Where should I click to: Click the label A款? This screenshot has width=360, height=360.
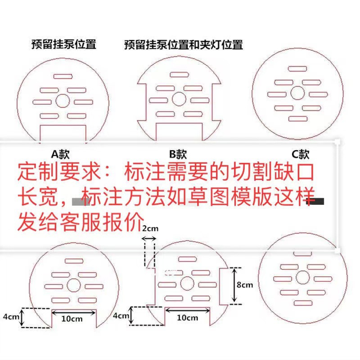(x=60, y=154)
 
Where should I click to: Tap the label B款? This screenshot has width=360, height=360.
(x=178, y=154)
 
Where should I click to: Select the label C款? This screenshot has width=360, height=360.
(x=301, y=154)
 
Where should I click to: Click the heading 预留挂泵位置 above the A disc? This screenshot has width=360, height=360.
(x=63, y=44)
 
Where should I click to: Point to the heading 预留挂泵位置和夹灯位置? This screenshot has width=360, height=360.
(x=184, y=45)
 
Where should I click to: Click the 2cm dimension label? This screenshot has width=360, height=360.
(x=150, y=228)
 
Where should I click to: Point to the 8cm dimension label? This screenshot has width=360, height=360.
(x=245, y=284)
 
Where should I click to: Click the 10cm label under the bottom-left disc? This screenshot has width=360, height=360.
(x=72, y=319)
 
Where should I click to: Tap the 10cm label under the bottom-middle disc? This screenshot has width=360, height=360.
(x=187, y=318)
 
